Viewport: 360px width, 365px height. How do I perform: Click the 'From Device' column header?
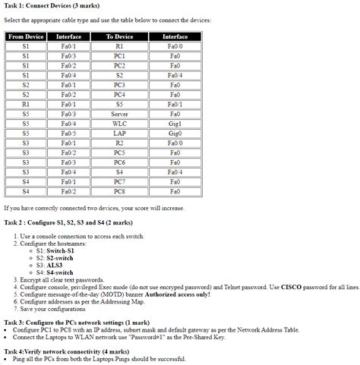[x=26, y=36]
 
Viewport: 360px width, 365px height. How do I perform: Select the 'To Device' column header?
[x=119, y=36]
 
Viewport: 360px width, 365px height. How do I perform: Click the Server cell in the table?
[x=119, y=113]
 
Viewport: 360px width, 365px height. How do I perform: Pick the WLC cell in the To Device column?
[x=119, y=123]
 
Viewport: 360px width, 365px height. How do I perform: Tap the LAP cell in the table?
[x=119, y=133]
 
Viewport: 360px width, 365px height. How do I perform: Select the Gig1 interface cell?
[x=175, y=123]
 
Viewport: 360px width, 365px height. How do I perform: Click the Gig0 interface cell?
[x=175, y=133]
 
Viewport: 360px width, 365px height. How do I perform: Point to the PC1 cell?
[x=119, y=55]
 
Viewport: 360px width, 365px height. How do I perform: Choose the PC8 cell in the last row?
[x=119, y=191]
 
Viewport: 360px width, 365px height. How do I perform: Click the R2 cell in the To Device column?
[x=119, y=143]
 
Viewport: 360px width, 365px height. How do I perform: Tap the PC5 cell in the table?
[x=119, y=153]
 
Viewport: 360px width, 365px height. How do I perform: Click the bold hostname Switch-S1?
[x=60, y=250]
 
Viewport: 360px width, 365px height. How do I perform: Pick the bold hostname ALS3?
[x=54, y=265]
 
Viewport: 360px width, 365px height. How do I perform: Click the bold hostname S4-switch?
[x=60, y=272]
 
